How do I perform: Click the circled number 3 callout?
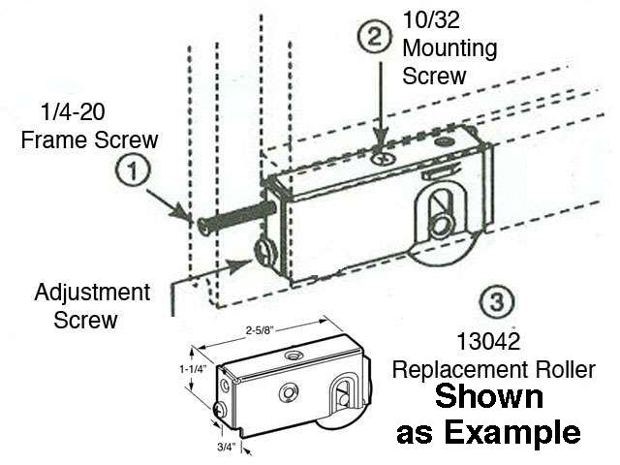(x=496, y=302)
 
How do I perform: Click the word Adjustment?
(x=92, y=292)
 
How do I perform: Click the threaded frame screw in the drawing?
(x=232, y=218)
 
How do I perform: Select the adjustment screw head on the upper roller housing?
(x=264, y=255)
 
